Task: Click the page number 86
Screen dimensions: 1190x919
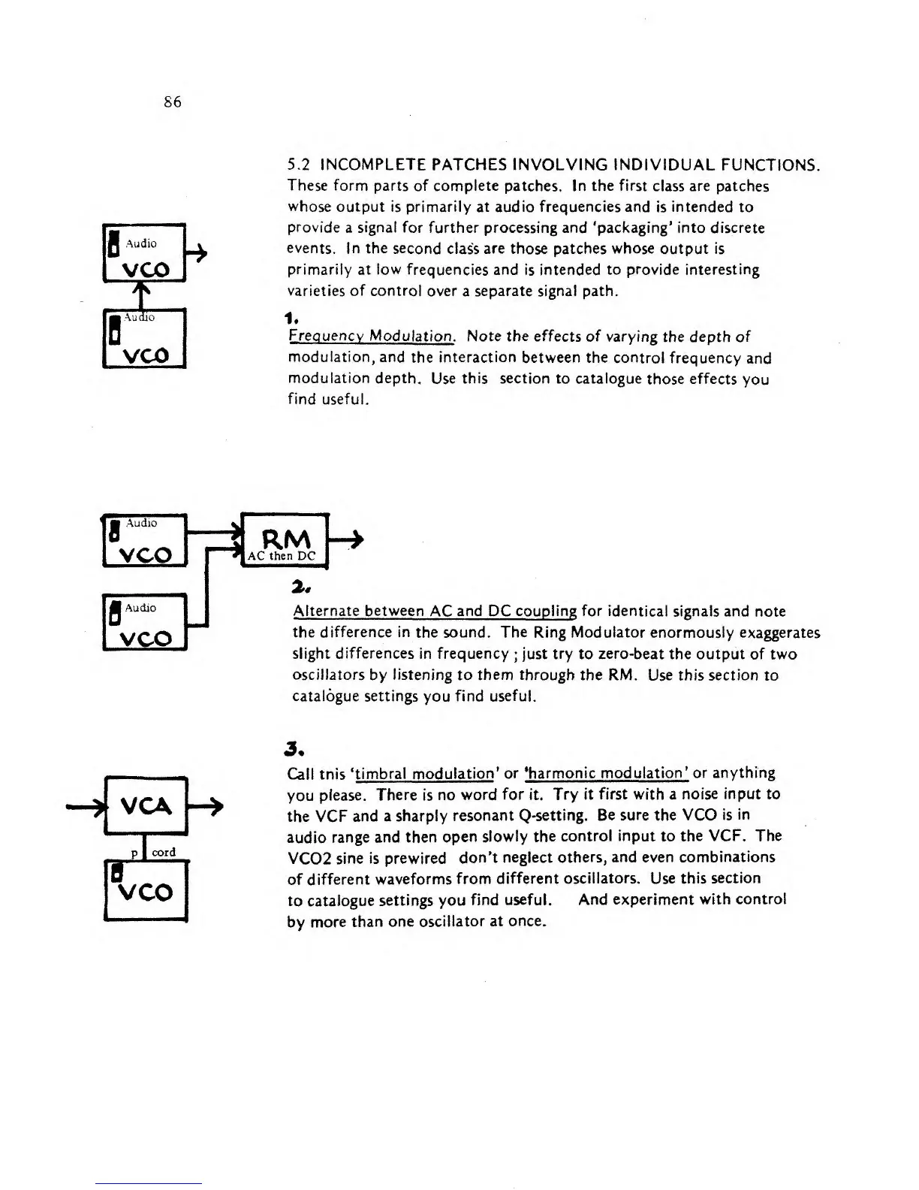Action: point(172,102)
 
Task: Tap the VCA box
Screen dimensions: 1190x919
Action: point(146,807)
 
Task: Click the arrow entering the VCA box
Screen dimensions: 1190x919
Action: point(86,808)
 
